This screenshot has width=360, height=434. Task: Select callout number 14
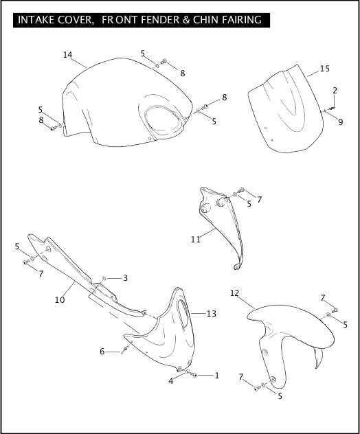pos(67,55)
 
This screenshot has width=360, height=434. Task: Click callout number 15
pos(325,69)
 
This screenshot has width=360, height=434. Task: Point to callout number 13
pos(212,314)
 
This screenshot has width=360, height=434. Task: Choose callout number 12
pos(234,293)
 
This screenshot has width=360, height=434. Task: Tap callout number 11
pos(196,240)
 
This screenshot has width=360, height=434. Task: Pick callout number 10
pos(60,300)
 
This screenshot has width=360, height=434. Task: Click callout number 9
pos(341,122)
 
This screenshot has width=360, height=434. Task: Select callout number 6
pos(102,352)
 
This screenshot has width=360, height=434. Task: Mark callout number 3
pos(125,278)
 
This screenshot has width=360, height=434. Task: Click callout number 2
pos(335,91)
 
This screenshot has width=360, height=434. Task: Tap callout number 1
pos(217,376)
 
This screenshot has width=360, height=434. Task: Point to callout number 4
pos(171,381)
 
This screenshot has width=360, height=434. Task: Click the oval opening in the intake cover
pos(164,120)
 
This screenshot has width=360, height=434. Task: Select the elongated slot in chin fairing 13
pos(183,312)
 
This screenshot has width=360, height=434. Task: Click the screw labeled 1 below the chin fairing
pos(194,375)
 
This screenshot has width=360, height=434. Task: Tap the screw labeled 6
pos(125,350)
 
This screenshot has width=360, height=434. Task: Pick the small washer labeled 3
pos(104,278)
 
